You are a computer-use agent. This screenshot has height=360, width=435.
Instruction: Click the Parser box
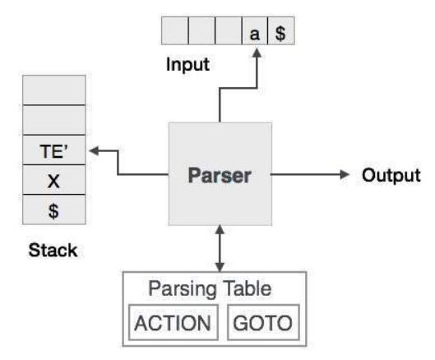(220, 174)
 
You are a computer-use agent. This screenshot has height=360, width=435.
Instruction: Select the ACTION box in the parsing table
(174, 322)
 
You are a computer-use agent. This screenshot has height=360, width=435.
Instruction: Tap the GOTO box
(263, 322)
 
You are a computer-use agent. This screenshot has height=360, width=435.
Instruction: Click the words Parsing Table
(210, 289)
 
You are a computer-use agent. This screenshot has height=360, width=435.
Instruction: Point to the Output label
(391, 175)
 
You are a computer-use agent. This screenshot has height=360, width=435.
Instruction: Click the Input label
(187, 65)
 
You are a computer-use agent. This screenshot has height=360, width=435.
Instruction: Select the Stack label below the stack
(53, 250)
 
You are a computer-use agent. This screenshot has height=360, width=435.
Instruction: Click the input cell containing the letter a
(255, 30)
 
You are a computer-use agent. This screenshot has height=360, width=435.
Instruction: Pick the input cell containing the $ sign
(281, 30)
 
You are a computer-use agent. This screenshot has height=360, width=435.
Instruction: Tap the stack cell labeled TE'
(54, 150)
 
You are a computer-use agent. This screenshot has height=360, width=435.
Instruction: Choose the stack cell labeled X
(54, 180)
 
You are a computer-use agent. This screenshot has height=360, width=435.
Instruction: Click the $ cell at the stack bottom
(54, 210)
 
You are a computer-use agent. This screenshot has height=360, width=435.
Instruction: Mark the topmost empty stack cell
(54, 90)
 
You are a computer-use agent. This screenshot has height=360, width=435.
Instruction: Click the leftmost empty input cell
(175, 30)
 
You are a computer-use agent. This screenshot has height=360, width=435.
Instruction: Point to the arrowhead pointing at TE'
(94, 151)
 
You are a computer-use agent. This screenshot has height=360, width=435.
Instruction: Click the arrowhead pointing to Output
(345, 174)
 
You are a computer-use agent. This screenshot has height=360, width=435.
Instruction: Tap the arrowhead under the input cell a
(257, 53)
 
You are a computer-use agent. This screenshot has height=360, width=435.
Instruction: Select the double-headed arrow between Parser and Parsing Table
(220, 248)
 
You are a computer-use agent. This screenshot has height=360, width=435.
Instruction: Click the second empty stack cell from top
(54, 120)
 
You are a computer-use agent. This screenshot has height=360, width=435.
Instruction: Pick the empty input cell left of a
(229, 30)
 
